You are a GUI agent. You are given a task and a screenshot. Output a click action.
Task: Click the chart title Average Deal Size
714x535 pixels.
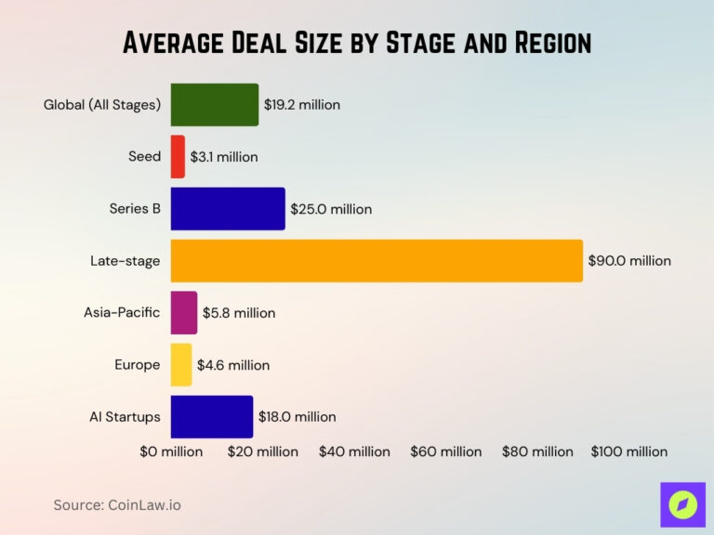coord(357,43)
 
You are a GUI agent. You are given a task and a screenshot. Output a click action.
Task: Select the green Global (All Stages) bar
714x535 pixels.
coord(215,105)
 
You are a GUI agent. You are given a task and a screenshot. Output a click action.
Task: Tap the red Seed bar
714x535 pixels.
coord(178,157)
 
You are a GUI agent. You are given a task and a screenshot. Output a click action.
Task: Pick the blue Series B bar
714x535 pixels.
coord(228,209)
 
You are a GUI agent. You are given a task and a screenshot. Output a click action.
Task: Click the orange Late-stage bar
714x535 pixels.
coord(377,261)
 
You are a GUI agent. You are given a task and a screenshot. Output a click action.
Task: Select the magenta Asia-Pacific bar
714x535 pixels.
coord(184,313)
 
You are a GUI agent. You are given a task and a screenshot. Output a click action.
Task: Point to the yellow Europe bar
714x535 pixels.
coord(181,365)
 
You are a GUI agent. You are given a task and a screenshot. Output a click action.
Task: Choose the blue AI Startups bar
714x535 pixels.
coord(212,417)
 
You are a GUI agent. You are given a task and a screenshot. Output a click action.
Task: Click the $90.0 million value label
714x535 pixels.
coord(629,261)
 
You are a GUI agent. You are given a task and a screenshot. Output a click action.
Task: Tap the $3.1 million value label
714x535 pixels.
coord(224,157)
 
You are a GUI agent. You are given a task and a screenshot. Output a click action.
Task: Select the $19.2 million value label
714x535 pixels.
coord(302,105)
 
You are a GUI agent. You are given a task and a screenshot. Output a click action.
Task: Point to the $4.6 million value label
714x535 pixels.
coord(233,365)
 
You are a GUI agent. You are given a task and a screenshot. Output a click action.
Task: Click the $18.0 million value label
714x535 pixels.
coord(297,417)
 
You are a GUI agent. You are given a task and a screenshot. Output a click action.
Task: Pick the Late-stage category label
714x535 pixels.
coord(125,261)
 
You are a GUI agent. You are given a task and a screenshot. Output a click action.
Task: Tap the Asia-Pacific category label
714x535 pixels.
coord(122,313)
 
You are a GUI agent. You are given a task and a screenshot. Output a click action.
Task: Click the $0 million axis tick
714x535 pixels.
coord(171,451)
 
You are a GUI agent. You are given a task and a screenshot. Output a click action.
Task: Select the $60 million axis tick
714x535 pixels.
coord(446,451)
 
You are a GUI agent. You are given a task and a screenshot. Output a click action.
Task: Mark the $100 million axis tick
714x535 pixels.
coord(629,451)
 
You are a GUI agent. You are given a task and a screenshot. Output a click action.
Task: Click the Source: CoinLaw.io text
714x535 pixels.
coord(116,504)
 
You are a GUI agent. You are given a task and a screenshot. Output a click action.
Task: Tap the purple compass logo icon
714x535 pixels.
coord(682,504)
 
